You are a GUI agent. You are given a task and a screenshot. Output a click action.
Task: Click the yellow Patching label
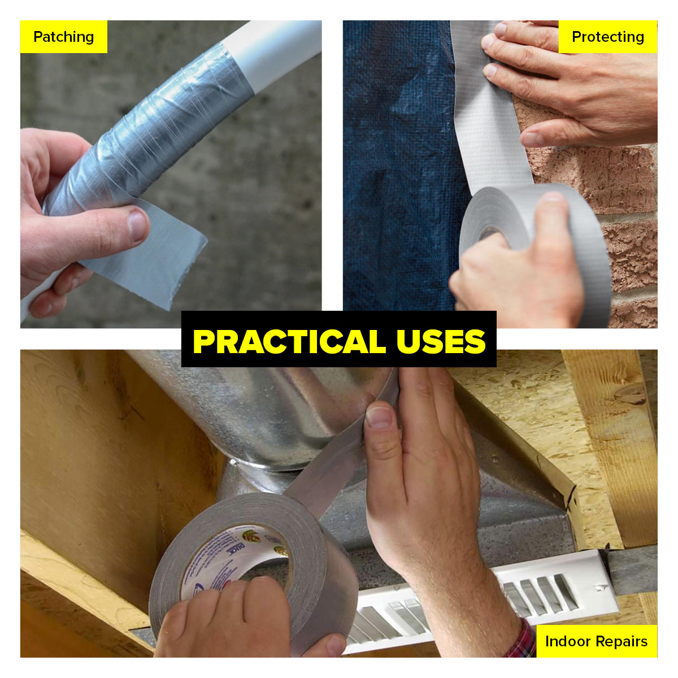63,37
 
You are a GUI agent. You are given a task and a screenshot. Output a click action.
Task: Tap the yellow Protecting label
607,37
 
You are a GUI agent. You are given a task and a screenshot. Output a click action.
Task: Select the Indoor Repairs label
596,641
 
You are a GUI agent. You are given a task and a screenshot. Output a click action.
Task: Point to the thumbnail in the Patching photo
137,224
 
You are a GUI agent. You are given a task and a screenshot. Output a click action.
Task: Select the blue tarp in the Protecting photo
395,169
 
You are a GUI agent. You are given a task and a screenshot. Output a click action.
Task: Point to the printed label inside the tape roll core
226,557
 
